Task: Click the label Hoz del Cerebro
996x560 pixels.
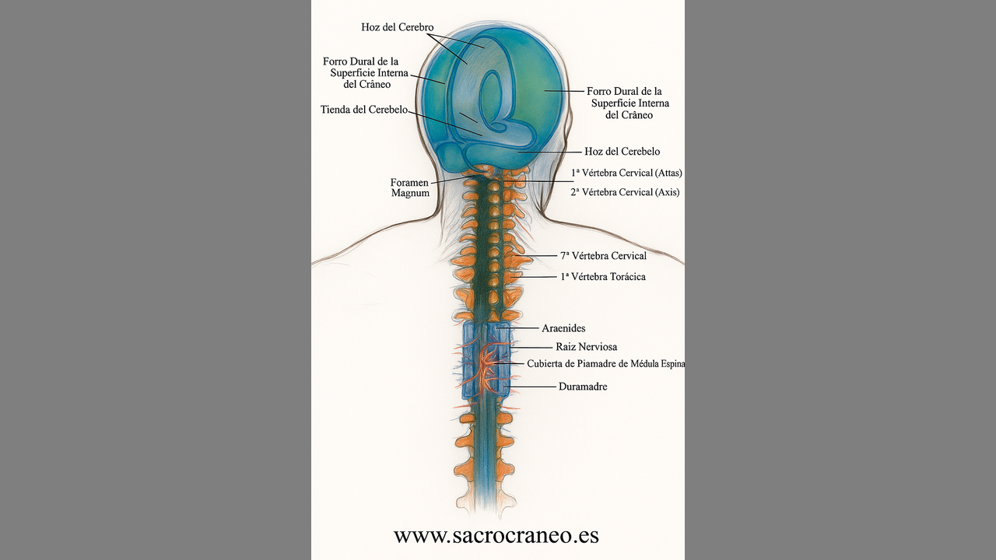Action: tap(397, 28)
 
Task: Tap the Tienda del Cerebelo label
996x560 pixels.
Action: tap(364, 110)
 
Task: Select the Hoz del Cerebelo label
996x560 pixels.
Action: tap(622, 152)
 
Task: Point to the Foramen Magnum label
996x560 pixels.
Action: tap(410, 187)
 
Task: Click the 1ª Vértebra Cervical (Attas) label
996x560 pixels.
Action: tap(626, 173)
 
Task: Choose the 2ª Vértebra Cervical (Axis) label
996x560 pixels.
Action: tap(625, 192)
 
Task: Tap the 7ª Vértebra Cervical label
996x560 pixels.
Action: tap(603, 256)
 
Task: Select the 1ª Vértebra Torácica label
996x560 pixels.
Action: tap(602, 277)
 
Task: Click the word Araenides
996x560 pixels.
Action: tap(563, 329)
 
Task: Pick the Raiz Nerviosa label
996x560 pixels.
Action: tap(586, 347)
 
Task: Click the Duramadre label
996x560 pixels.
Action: tap(583, 387)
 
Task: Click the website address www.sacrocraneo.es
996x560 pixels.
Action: tap(496, 536)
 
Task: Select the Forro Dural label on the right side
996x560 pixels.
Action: tap(629, 103)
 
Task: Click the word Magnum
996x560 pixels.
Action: tap(410, 193)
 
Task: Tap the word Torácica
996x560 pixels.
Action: tap(623, 277)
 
